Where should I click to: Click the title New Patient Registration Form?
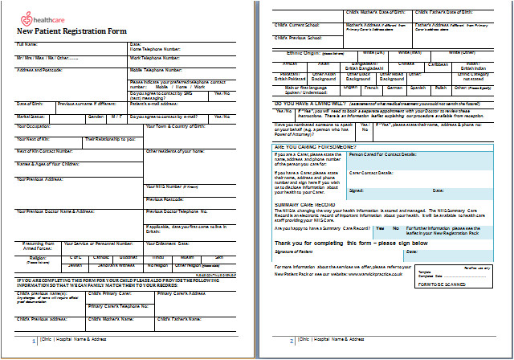tap(71, 31)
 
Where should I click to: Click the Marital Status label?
tap(31, 116)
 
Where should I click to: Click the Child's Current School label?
tap(299, 25)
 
